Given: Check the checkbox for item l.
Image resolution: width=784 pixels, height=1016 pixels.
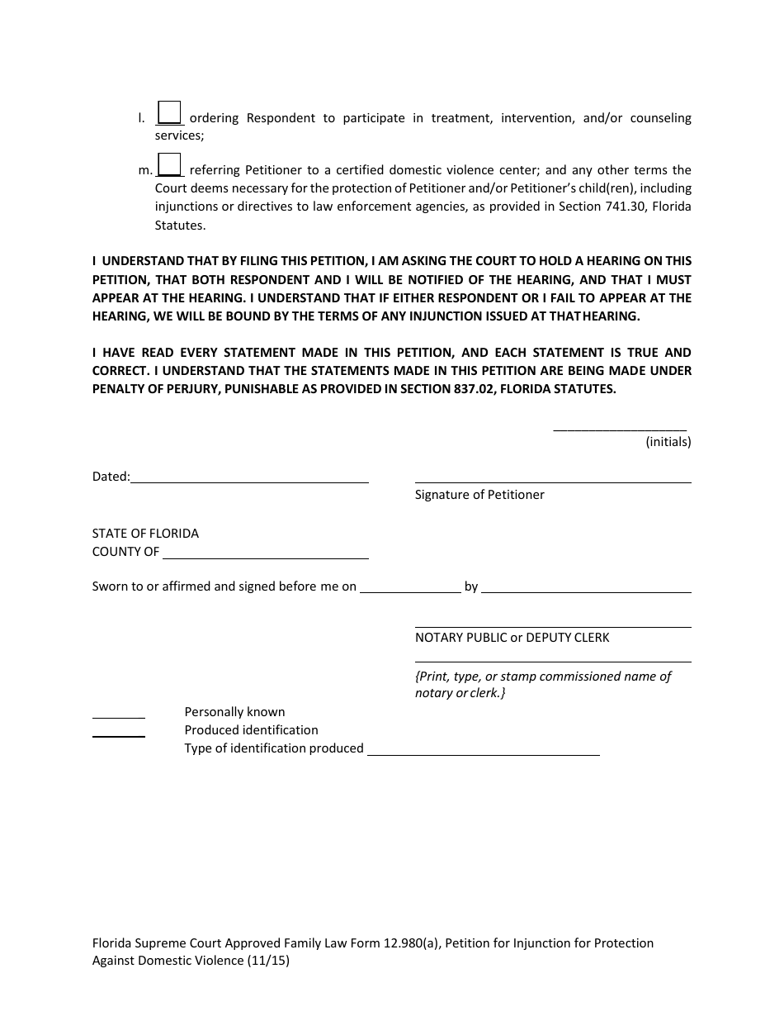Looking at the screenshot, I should coord(169,112).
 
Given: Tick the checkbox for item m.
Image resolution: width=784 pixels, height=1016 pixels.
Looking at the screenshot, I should coord(169,164).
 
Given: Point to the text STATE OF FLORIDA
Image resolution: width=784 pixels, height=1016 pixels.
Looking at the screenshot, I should coord(145,534).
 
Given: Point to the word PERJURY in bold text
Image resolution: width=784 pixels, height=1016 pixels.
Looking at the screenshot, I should coord(186,389).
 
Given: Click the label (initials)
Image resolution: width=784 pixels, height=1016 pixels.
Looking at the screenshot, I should coord(668,442).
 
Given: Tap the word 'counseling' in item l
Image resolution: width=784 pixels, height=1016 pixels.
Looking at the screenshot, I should coord(660,118).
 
